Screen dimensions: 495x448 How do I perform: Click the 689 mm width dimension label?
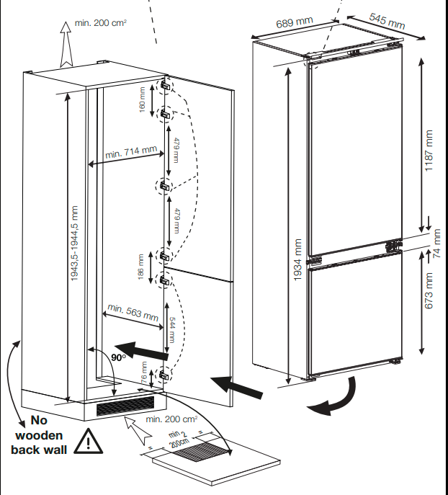(x=295, y=22)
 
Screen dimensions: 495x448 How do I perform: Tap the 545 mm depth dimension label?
(x=387, y=22)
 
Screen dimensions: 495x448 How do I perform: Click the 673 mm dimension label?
(x=429, y=291)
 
